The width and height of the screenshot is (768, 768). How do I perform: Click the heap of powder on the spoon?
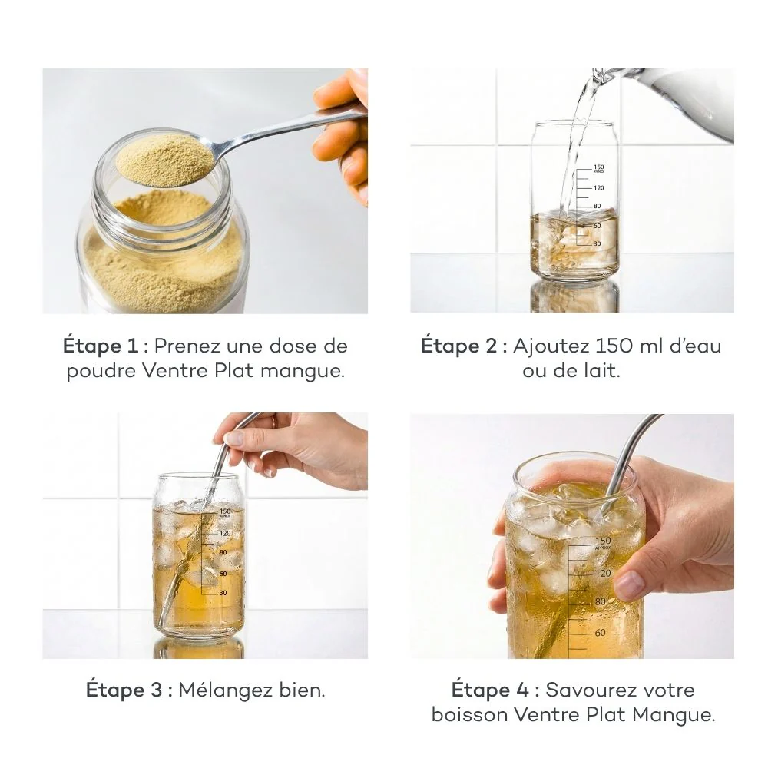coord(164,159)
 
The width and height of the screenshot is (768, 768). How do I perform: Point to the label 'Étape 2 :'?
coord(464,346)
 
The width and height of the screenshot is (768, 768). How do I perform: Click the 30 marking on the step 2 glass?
coord(595,243)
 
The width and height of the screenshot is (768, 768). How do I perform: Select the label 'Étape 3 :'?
coord(127,690)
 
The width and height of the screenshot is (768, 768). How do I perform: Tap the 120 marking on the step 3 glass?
coord(224,532)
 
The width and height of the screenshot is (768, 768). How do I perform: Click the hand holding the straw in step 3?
coord(307,449)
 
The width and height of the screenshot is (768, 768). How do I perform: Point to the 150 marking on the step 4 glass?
coord(602,541)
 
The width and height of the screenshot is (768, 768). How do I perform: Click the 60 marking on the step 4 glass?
coord(599,633)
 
